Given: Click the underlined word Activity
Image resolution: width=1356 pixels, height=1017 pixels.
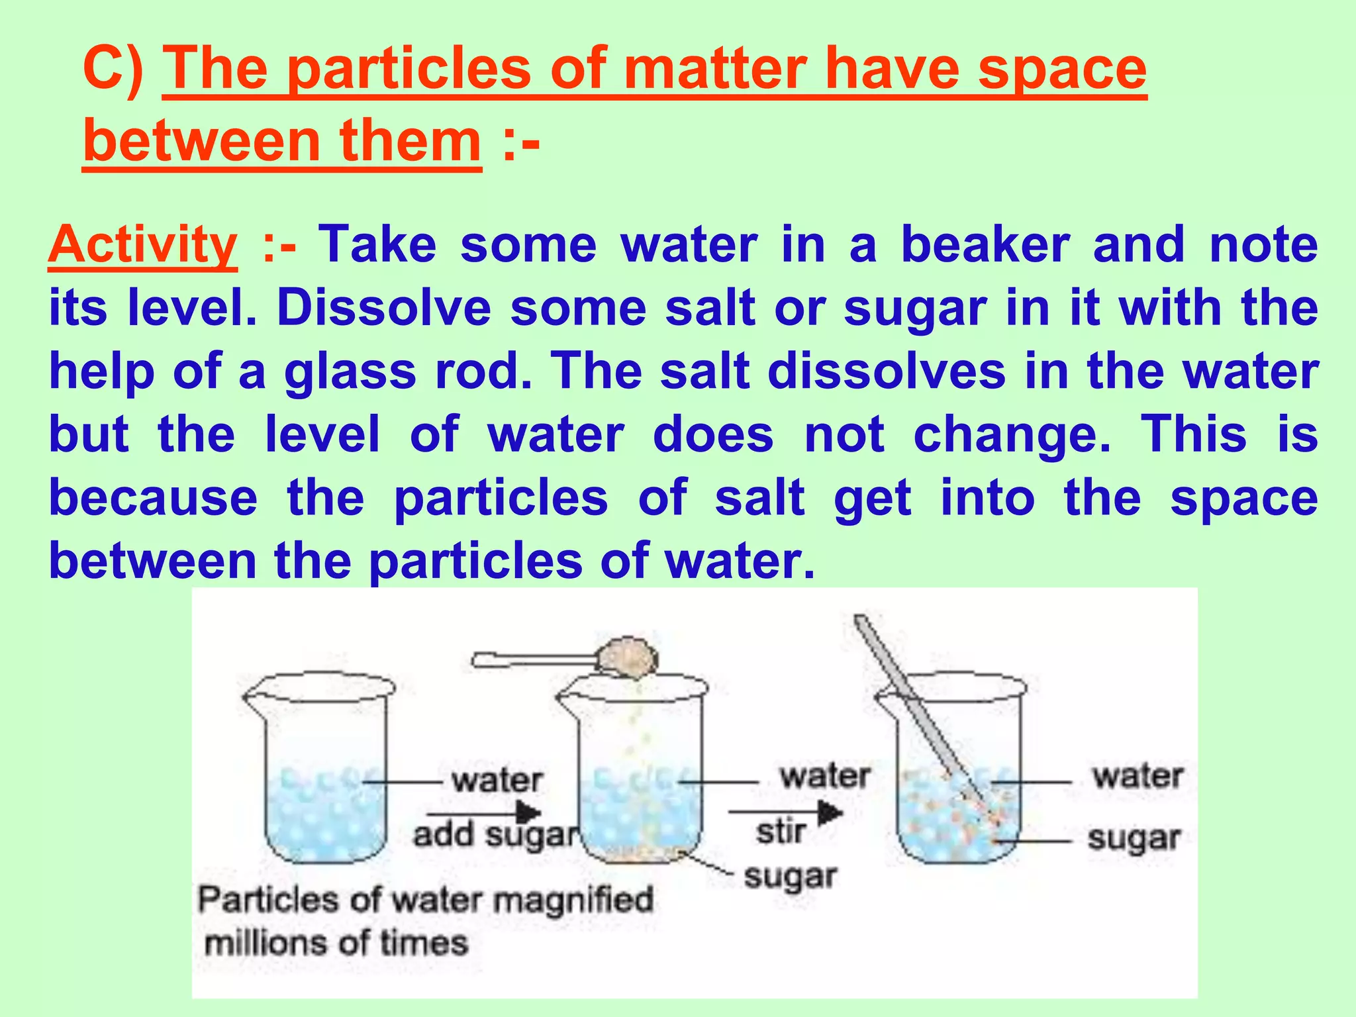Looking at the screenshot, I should tap(142, 246).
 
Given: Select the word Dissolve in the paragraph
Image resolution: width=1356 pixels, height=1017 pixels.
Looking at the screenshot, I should tap(384, 309).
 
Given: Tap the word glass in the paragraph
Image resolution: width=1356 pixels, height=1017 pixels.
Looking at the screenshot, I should tap(350, 372).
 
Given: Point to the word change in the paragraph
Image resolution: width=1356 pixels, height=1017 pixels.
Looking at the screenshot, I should tap(1012, 435).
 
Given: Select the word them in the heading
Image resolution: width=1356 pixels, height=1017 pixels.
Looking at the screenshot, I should tap(410, 141).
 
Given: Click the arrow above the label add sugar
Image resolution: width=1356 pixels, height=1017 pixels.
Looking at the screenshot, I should tap(483, 812).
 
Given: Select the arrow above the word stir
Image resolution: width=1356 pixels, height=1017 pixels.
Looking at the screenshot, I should tap(785, 812).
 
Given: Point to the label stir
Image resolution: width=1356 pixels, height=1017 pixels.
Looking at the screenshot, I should tap(781, 832).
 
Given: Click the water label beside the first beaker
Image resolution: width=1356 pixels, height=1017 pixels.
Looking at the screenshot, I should tap(497, 781).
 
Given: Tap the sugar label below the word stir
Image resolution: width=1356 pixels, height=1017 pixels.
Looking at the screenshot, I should tap(790, 877).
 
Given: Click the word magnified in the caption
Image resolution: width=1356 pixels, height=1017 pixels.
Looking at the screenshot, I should tap(573, 900).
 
